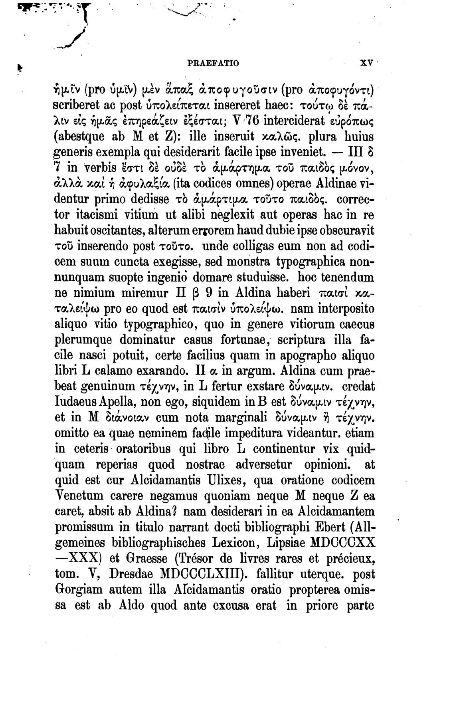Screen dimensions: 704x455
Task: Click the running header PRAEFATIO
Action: pos(213,63)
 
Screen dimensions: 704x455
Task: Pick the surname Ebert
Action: pos(326,527)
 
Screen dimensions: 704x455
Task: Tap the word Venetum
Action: pos(79,496)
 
